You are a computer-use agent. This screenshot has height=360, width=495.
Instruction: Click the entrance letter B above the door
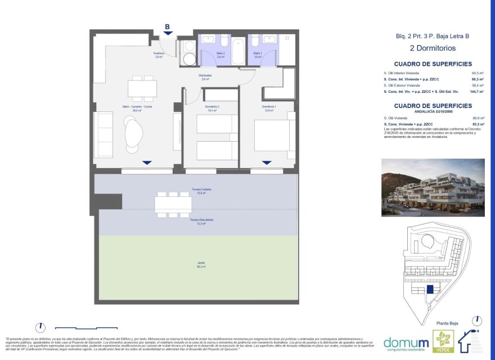pyautogui.click(x=167, y=26)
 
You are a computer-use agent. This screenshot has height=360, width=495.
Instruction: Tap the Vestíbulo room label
pyautogui.click(x=159, y=55)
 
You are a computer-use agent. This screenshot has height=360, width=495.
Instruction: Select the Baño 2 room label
pyautogui.click(x=220, y=55)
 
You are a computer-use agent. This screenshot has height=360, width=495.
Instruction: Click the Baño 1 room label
pyautogui.click(x=258, y=55)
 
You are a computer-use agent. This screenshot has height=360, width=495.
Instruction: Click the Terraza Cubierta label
pyautogui.click(x=200, y=191)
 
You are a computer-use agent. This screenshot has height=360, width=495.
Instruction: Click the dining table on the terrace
pyautogui.click(x=173, y=204)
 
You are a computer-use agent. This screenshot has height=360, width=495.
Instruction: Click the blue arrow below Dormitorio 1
pyautogui.click(x=267, y=163)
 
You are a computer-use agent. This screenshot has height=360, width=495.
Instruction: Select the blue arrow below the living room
pyautogui.click(x=147, y=163)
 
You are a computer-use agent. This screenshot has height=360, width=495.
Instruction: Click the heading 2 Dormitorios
pyautogui.click(x=433, y=48)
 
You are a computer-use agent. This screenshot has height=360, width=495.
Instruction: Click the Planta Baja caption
pyautogui.click(x=448, y=323)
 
